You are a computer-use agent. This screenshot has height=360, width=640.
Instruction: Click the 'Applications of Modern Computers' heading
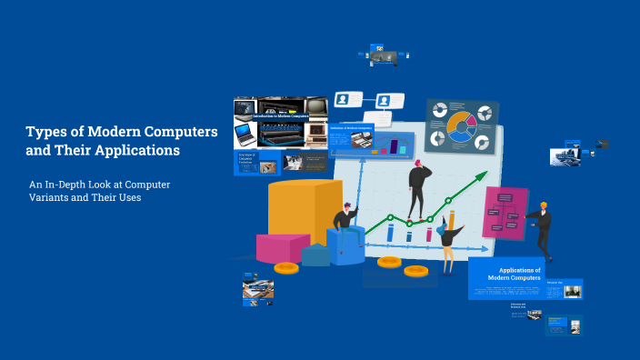514,273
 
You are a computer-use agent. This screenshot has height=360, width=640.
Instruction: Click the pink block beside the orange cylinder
282,246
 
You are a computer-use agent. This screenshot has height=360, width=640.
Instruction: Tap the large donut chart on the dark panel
461,126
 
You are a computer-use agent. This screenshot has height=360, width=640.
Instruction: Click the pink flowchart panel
505,213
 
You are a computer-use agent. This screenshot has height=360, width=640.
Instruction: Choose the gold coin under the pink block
286,267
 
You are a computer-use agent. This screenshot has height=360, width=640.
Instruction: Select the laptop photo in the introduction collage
245,135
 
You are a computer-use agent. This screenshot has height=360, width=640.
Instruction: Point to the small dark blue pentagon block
316,254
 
